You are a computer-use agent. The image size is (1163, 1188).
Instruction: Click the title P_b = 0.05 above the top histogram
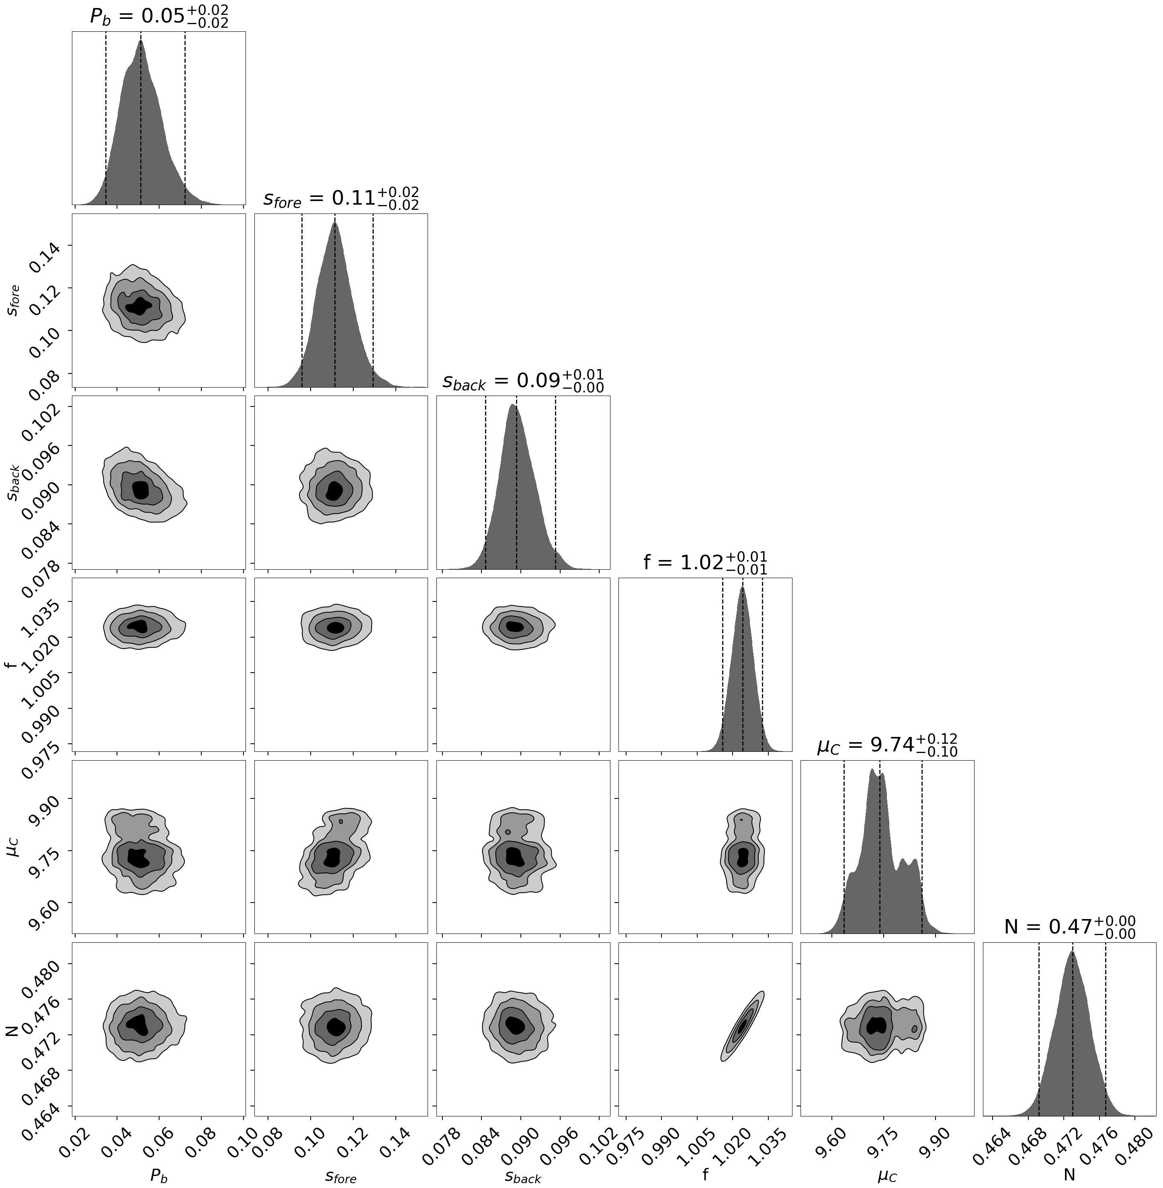pyautogui.click(x=159, y=16)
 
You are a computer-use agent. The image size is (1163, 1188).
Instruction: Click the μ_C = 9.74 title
pyautogui.click(x=887, y=745)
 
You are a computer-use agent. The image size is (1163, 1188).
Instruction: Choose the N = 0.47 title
pyautogui.click(x=1069, y=927)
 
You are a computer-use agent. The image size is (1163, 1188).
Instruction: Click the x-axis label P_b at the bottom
pyautogui.click(x=159, y=1175)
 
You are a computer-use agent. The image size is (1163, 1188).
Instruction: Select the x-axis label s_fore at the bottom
pyautogui.click(x=340, y=1175)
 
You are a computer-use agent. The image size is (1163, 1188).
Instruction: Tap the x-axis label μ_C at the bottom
pyautogui.click(x=887, y=1175)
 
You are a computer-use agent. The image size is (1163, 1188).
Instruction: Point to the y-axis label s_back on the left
pyautogui.click(x=12, y=483)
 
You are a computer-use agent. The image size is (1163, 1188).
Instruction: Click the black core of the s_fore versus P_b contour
pyautogui.click(x=140, y=305)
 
